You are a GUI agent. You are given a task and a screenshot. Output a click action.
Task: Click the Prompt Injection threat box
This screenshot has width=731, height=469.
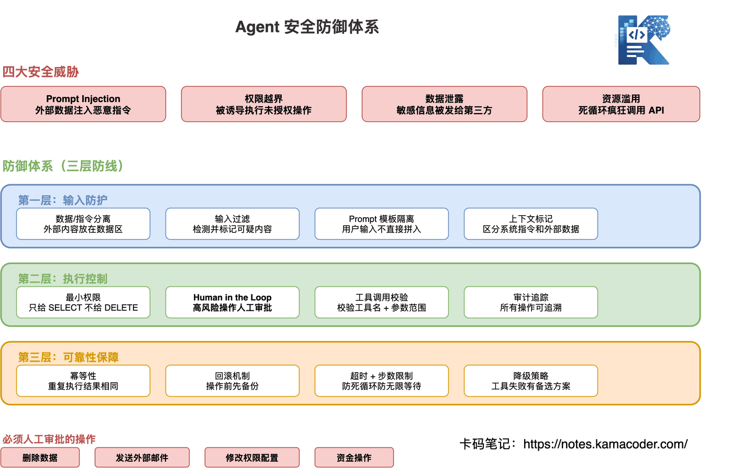click(83, 104)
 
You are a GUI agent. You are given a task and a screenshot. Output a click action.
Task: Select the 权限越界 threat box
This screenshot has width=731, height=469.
click(263, 104)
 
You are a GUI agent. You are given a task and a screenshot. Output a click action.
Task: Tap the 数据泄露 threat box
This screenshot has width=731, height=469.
click(444, 104)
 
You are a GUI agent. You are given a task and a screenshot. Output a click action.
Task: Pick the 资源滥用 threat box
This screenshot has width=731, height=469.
click(621, 104)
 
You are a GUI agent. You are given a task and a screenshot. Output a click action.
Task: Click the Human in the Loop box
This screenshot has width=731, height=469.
click(232, 303)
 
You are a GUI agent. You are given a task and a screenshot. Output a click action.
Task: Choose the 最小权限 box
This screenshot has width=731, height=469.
click(83, 303)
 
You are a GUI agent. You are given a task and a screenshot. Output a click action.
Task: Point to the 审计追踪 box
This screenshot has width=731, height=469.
click(530, 303)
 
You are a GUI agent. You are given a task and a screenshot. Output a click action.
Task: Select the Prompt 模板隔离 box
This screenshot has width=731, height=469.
click(381, 224)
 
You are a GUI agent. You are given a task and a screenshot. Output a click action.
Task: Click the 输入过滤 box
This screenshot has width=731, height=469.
click(232, 224)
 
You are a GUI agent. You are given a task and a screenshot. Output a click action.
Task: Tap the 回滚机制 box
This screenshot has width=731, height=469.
click(232, 381)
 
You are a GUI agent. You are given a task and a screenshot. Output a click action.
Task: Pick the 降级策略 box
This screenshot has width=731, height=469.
click(530, 381)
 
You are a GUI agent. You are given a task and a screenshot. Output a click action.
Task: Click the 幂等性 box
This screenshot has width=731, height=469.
click(83, 381)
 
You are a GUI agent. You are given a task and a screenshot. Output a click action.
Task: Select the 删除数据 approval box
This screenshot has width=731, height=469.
click(40, 457)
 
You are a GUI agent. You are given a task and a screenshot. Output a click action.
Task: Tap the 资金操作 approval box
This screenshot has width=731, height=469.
click(354, 457)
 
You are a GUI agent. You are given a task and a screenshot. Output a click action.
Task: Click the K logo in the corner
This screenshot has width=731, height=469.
click(644, 40)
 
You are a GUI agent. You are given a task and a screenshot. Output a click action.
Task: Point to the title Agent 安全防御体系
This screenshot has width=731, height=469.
click(307, 27)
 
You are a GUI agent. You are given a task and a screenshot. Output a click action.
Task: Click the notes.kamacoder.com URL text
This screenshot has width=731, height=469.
click(605, 444)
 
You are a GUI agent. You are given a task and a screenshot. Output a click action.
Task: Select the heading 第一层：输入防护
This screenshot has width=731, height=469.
click(63, 200)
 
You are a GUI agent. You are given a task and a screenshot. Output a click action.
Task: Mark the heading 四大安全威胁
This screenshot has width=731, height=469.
click(40, 72)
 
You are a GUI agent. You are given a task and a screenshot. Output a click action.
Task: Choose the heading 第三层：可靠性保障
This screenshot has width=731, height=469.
click(69, 357)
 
